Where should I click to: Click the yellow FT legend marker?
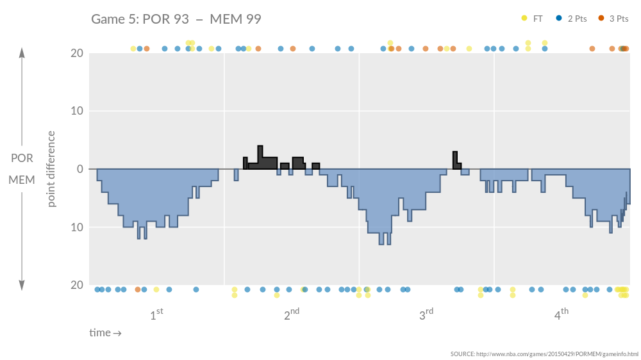tap(524, 19)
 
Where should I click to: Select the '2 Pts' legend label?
tap(577, 19)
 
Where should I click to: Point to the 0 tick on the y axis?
tap(79, 169)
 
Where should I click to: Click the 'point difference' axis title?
tap(52, 169)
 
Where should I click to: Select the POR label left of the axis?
tap(22, 159)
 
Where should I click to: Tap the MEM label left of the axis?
tap(22, 180)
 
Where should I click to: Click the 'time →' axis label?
tap(105, 333)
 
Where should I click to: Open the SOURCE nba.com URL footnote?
tap(544, 354)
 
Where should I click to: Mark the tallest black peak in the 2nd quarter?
tap(260, 151)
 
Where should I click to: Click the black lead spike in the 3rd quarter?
tap(454, 157)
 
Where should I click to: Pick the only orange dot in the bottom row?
tap(138, 290)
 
